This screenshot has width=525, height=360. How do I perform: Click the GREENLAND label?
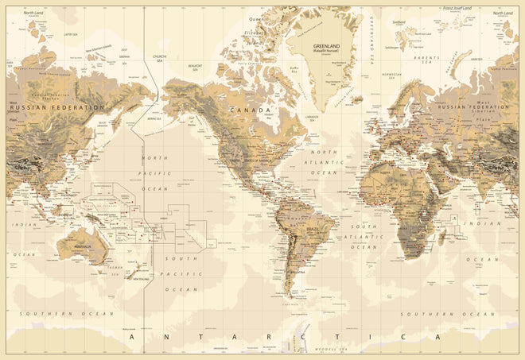click(323, 45)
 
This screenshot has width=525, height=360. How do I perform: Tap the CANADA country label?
click(249, 110)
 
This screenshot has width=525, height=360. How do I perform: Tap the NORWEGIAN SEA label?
click(391, 76)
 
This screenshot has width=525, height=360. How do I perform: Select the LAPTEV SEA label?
click(70, 35)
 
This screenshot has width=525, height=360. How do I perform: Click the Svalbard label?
click(399, 23)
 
